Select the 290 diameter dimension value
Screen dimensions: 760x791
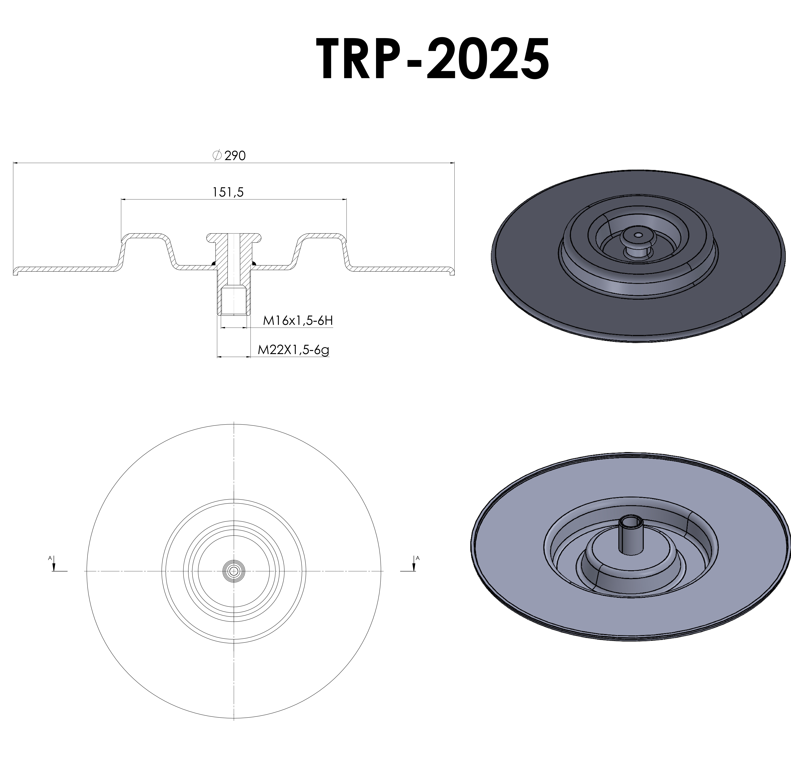pos(235,156)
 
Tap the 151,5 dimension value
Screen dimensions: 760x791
pos(228,192)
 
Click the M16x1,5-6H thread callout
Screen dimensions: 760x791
pos(298,321)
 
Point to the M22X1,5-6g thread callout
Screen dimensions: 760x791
pos(293,350)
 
